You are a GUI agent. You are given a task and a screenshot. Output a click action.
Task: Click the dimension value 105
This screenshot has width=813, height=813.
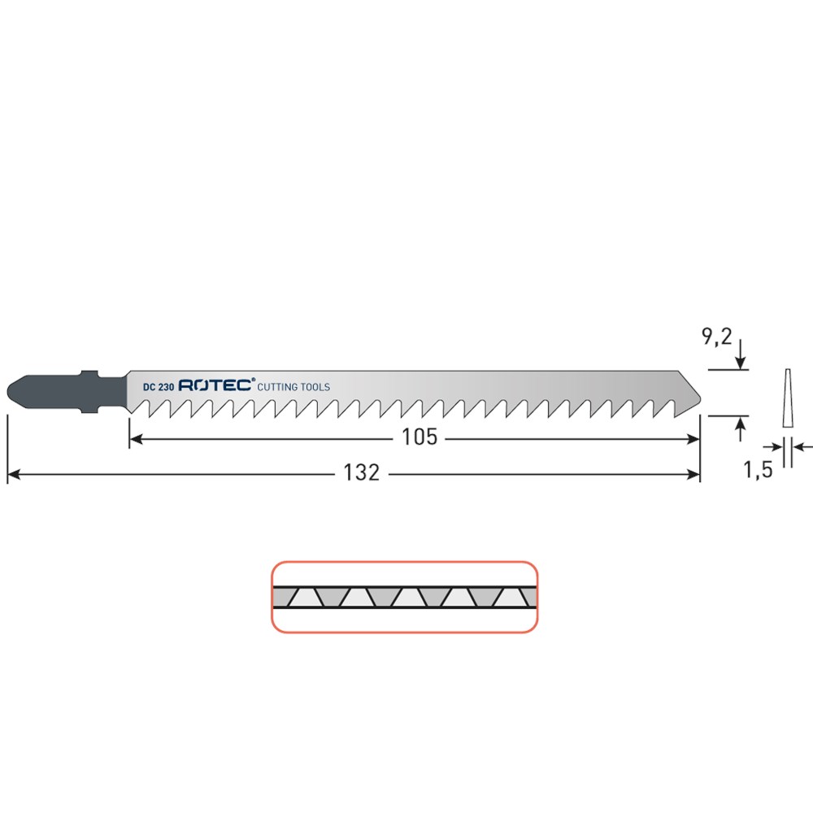point(420,437)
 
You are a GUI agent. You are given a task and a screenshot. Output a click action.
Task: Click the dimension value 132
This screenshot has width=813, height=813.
point(362,472)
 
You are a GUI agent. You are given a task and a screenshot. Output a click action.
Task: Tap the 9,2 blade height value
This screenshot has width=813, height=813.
point(716,337)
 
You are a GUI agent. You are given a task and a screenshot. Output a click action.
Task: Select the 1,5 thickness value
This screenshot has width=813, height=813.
point(758,470)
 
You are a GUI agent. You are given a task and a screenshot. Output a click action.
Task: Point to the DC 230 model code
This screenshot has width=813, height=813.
point(159,387)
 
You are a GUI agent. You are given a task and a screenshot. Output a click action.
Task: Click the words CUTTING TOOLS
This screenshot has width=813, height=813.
point(293,387)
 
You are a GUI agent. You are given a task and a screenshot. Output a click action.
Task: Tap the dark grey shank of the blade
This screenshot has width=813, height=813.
point(67,392)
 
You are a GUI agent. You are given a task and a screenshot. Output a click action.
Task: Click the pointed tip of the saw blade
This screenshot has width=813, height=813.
point(700,399)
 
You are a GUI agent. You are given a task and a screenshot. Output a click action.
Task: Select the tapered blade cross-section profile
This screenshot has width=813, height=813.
point(788,398)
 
